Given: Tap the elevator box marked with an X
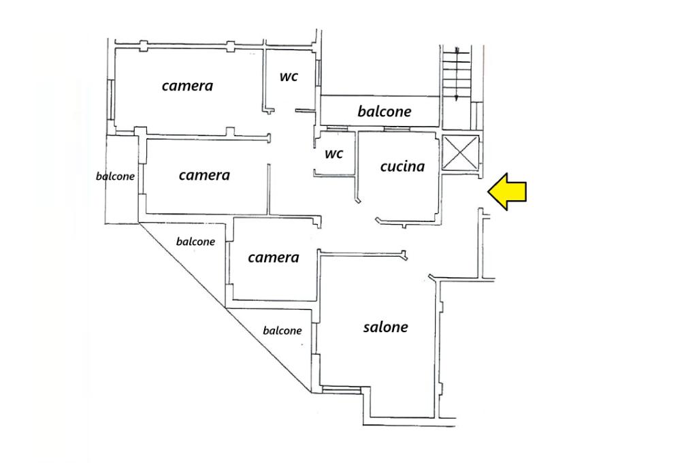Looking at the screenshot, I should coord(461,154).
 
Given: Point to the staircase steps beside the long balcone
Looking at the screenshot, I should coord(457,74).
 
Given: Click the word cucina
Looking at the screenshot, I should coord(402,166).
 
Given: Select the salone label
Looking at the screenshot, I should coord(385,327).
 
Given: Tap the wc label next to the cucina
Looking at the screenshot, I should coord(334,154).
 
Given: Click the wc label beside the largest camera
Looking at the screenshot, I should coord(289,77).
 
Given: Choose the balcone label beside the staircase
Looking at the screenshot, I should coord(385,111).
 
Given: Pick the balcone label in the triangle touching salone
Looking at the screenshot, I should coord(282,331).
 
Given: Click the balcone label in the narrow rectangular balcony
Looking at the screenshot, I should coord(115,176).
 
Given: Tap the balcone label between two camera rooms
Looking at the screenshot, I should coord(195,242).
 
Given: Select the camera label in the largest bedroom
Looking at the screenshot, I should coord(187,86).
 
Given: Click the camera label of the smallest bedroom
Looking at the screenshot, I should coord(273,257).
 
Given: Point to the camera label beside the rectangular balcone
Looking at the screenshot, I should coord(204,175).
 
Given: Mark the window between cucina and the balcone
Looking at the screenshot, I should coord(385,129).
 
